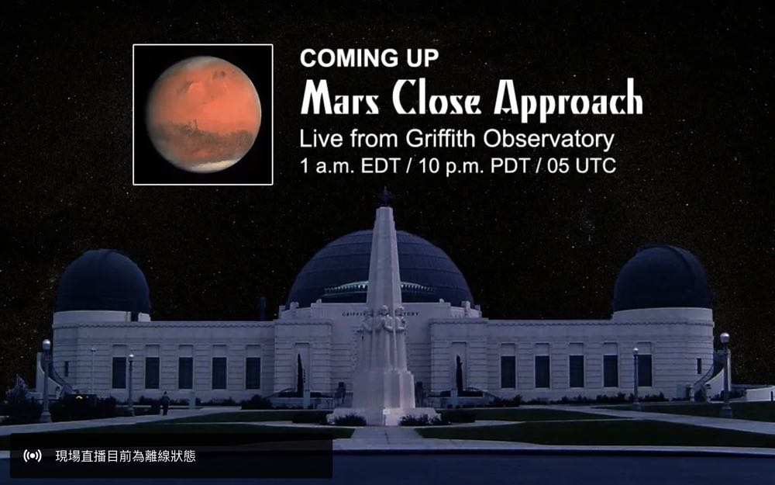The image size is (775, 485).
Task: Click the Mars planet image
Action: [x=203, y=114]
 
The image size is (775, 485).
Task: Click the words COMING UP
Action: [x=369, y=58]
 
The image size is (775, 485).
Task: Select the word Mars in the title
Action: [x=341, y=98]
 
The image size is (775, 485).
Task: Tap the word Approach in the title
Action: [x=568, y=99]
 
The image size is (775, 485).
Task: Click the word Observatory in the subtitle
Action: [x=549, y=139]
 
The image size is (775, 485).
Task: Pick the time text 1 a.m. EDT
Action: [x=350, y=166]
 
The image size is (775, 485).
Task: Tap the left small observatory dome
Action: [x=103, y=281]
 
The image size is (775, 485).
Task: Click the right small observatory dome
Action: [x=663, y=278]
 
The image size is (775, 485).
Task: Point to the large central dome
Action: [x=381, y=270]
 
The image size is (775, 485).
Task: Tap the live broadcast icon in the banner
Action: [x=33, y=456]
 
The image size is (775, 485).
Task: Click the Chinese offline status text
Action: [x=126, y=456]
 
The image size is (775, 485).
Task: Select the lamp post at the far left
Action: [x=46, y=380]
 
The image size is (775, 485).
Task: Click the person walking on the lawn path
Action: [x=165, y=403]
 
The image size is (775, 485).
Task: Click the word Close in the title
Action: [x=437, y=98]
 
